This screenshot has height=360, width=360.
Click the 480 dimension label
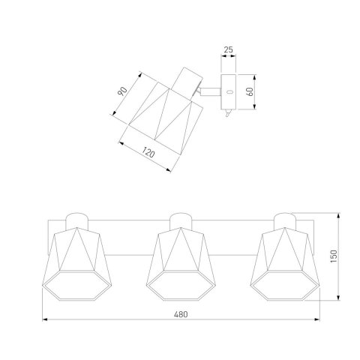[x=181, y=314]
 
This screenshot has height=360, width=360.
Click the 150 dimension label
[x=334, y=256]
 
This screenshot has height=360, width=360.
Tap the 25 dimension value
[x=228, y=49]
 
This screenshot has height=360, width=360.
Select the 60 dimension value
[x=250, y=91]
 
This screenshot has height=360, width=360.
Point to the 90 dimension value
[x=122, y=91]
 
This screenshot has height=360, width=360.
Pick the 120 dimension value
[x=148, y=152]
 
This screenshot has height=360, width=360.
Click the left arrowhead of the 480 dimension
[x=45, y=319]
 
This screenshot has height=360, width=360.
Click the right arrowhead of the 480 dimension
[x=317, y=319]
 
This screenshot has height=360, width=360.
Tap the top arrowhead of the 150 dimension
[x=338, y=215]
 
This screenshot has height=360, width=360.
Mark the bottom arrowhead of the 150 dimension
[x=338, y=297]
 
